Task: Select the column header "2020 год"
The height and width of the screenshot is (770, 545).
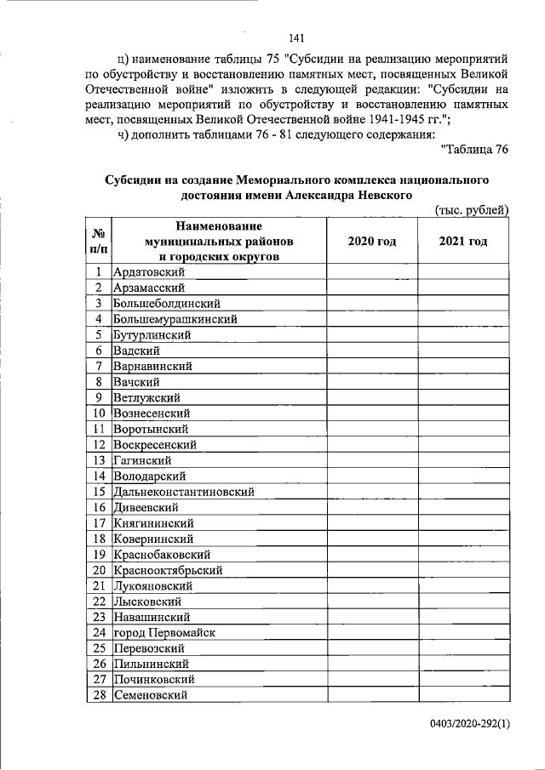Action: (x=372, y=242)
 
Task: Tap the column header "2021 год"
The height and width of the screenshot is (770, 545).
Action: (x=463, y=242)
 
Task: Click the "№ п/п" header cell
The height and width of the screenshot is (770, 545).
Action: (x=99, y=242)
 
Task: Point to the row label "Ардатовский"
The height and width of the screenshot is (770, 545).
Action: (x=150, y=272)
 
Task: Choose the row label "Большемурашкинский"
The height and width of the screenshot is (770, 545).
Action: (x=175, y=319)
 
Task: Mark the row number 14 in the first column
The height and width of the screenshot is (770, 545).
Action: (x=99, y=476)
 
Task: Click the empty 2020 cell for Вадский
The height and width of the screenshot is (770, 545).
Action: (x=372, y=351)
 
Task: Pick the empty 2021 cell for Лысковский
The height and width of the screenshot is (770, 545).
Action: (x=463, y=602)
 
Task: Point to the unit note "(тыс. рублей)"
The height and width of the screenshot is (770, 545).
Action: (x=471, y=210)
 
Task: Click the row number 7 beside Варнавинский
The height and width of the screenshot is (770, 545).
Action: (x=99, y=366)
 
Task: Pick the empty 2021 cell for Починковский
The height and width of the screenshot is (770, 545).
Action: (x=463, y=680)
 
